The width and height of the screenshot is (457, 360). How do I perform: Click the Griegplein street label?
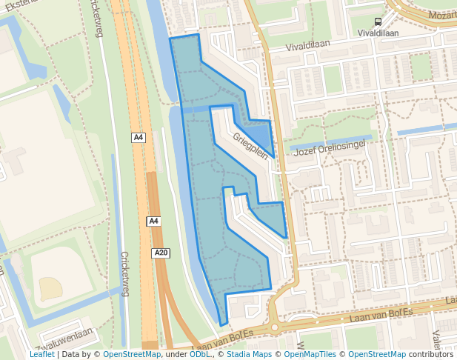point(250,145)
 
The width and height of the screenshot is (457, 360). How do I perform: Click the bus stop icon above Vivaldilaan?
point(378,22)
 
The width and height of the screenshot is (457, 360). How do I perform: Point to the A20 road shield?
point(161,253)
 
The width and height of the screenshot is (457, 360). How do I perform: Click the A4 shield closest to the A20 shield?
point(153,221)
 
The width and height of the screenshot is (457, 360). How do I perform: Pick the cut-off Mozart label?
point(442,14)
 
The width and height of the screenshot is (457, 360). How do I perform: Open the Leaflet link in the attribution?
point(41,354)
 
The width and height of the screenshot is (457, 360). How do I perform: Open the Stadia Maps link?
point(248,354)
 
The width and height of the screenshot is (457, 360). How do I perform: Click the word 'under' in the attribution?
point(176,354)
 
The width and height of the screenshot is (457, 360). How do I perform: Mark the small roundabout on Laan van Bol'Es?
point(276,327)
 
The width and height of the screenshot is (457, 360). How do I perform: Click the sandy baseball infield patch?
point(50,287)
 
